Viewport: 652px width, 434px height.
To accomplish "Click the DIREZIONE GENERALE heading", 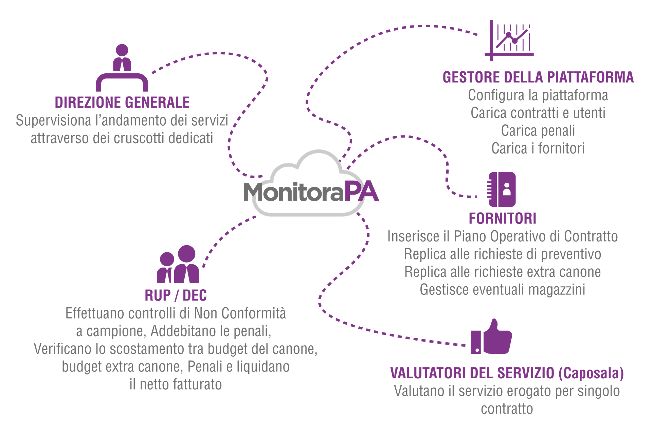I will click(x=122, y=102).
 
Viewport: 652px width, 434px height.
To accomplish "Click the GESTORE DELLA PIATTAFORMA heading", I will click(x=538, y=77).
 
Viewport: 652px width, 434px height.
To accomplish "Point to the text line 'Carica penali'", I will click(x=538, y=131).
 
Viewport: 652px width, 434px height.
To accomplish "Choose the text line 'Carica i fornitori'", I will click(x=538, y=148).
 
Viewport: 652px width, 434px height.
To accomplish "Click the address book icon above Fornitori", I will click(x=502, y=189).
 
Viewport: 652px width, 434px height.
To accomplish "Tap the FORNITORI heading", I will click(x=502, y=218).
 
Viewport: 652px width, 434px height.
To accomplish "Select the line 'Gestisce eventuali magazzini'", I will click(x=502, y=290).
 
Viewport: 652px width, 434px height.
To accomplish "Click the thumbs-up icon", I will click(x=491, y=337).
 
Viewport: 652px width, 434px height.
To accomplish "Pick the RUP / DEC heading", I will click(x=176, y=295).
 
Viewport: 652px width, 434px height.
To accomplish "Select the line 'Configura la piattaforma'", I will click(x=538, y=95).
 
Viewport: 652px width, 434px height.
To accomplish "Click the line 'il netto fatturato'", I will click(x=176, y=384).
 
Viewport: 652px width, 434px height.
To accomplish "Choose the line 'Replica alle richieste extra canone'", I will click(x=502, y=272).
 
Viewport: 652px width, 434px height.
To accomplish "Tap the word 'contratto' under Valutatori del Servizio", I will click(x=507, y=409).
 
